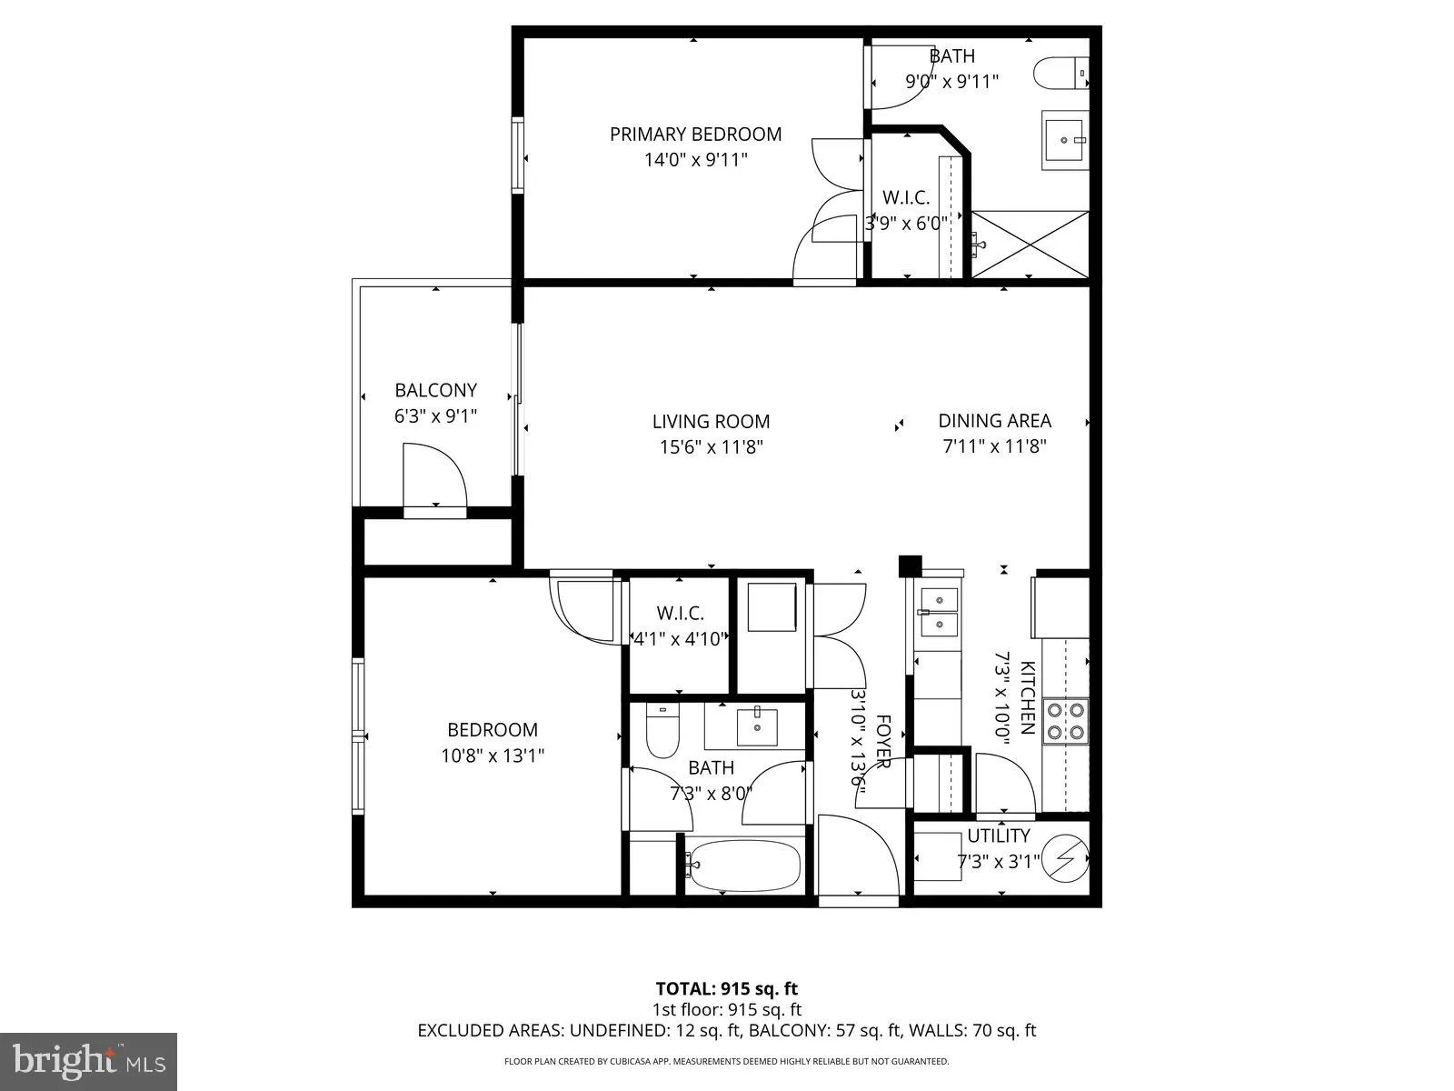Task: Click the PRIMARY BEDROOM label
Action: click(695, 135)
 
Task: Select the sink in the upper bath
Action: click(1064, 141)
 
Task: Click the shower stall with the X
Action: click(1030, 244)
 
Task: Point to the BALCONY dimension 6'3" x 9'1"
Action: click(435, 415)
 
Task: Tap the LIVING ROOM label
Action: click(711, 421)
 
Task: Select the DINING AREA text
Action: click(994, 421)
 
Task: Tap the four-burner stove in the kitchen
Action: click(1065, 720)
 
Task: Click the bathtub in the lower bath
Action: click(742, 865)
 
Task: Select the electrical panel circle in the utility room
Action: click(1064, 858)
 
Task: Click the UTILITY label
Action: click(998, 836)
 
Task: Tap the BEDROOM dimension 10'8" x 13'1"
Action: click(493, 755)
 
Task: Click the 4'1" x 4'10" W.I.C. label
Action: click(680, 638)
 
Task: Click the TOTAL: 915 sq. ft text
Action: click(726, 988)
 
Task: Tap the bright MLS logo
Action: click(88, 1060)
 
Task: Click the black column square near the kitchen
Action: click(910, 566)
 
